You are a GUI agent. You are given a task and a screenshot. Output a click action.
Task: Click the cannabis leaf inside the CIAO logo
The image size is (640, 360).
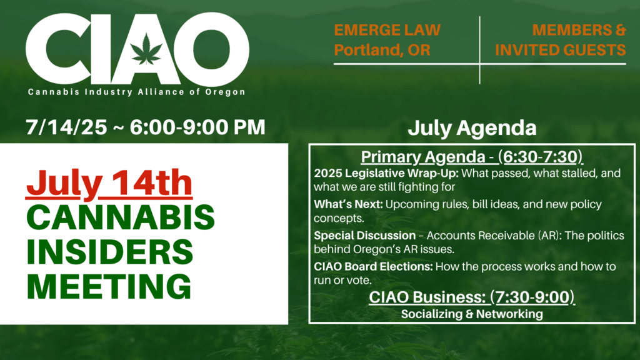click(x=146, y=49)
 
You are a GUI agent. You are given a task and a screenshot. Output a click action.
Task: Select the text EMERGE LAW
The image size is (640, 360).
click(x=387, y=30)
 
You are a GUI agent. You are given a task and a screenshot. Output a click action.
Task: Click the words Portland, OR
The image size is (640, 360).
click(x=382, y=50)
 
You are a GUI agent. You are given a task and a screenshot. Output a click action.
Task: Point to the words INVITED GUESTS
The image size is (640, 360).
click(x=561, y=50)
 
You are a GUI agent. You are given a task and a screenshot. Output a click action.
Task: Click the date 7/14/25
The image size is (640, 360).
click(x=66, y=127)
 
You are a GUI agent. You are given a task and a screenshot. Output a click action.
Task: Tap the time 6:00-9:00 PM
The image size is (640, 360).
click(x=197, y=127)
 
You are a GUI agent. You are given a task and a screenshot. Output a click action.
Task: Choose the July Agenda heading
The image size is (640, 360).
click(x=472, y=127)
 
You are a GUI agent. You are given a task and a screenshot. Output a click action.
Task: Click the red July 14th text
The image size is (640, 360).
click(x=109, y=183)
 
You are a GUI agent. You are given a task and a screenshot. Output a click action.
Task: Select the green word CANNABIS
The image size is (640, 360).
click(x=121, y=217)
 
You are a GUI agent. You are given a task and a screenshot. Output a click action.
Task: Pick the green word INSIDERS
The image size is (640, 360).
click(x=110, y=252)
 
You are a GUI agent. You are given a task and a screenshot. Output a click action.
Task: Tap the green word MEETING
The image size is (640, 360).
click(x=109, y=286)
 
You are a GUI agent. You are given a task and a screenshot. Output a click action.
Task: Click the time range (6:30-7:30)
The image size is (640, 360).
click(x=541, y=157)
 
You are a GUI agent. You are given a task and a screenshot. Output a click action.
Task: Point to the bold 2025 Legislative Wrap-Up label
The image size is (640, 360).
click(x=386, y=174)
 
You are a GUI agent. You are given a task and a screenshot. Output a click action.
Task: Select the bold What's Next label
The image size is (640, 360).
click(x=348, y=204)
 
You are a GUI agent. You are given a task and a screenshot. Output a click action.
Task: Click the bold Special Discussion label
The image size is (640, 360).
click(x=364, y=236)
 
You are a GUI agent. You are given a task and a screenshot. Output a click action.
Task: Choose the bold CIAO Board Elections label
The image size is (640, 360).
click(x=373, y=266)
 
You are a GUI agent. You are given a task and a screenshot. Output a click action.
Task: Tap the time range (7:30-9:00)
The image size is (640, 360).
click(x=532, y=297)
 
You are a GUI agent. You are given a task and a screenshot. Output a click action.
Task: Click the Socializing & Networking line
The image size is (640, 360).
click(x=472, y=314)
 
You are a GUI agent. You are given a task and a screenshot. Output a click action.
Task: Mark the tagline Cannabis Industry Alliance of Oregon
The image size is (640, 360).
click(x=136, y=92)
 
